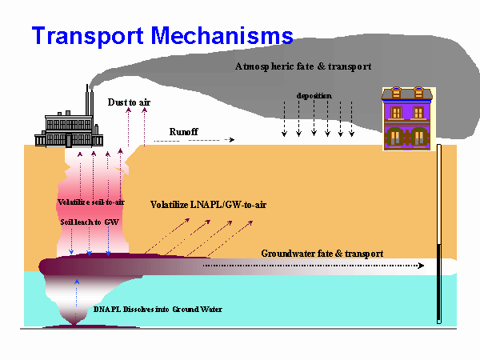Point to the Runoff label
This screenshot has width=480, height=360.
185,130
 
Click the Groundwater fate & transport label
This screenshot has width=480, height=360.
322,253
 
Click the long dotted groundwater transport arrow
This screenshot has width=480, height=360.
312,265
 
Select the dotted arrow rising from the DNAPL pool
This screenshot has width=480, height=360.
77,300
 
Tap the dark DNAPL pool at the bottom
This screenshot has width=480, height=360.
77,326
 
